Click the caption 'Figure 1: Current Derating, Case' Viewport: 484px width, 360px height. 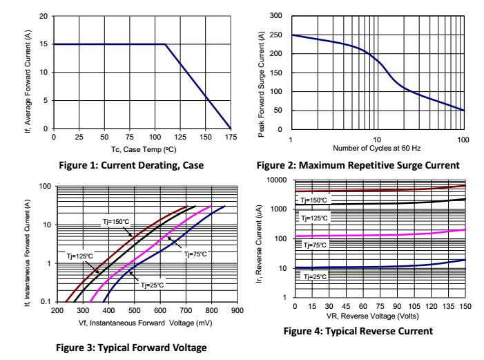coord(133,165)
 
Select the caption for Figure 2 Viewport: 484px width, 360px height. coord(357,165)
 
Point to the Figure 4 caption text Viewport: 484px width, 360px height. coord(358,331)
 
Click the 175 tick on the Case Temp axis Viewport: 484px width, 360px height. coord(231,137)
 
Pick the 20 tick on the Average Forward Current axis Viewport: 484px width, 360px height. coord(44,16)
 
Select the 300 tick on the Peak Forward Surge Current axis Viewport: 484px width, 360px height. coord(277,15)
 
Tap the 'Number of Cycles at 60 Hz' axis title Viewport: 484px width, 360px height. coord(377,148)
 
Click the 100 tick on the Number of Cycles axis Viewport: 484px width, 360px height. coord(463,139)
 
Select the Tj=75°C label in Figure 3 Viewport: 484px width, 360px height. coord(196,254)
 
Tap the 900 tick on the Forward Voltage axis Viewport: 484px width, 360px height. coord(237,311)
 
